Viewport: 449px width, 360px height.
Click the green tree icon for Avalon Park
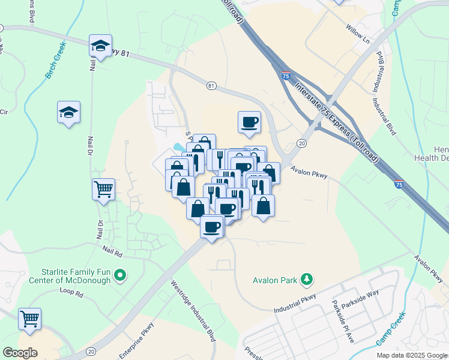click(x=307, y=278)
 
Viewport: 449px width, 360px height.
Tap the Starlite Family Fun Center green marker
click(x=121, y=275)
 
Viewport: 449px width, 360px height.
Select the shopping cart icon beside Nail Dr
click(x=103, y=190)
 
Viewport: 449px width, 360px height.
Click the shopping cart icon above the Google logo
click(x=29, y=319)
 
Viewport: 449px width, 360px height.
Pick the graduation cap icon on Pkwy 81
click(x=100, y=44)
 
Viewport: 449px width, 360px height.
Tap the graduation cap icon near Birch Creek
click(x=68, y=112)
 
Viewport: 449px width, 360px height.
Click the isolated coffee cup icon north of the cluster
click(x=249, y=122)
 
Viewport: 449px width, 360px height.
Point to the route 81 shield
click(x=211, y=86)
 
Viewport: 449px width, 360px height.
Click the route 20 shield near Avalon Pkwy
click(x=301, y=143)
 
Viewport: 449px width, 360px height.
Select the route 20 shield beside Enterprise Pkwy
click(x=91, y=351)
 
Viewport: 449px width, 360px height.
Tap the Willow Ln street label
click(x=358, y=35)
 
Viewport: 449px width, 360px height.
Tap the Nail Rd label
click(x=112, y=249)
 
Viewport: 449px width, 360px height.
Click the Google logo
click(x=20, y=353)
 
